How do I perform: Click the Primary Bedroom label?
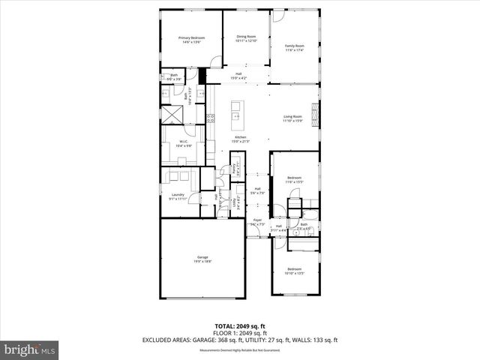pyautogui.click(x=191, y=40)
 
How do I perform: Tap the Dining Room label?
pyautogui.click(x=246, y=38)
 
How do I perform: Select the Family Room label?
pyautogui.click(x=293, y=47)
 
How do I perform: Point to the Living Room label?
pyautogui.click(x=292, y=118)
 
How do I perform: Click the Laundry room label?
pyautogui.click(x=177, y=196)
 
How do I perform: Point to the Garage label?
pyautogui.click(x=198, y=259)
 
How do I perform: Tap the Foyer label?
pyautogui.click(x=256, y=222)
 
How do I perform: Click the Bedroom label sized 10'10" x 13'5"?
pyautogui.click(x=294, y=271)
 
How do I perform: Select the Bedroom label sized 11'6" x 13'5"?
pyautogui.click(x=293, y=180)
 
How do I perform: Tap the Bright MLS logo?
pyautogui.click(x=30, y=349)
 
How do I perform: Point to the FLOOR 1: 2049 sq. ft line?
pyautogui.click(x=240, y=334)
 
